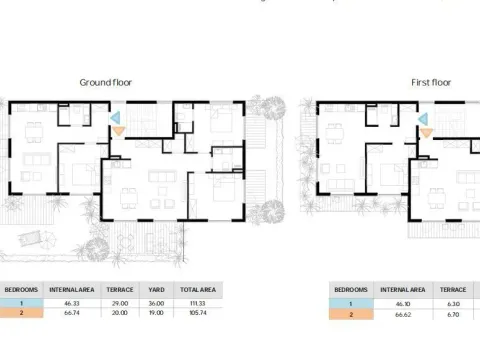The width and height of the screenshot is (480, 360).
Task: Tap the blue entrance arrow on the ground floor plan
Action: coord(117,117)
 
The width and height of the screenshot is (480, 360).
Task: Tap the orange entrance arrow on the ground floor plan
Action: coord(118,130)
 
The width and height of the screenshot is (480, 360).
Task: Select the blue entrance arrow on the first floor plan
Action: coord(425,117)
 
